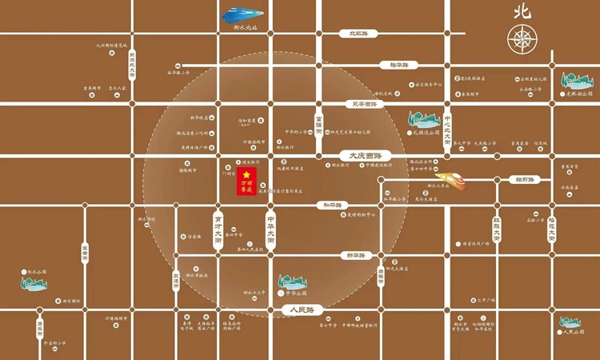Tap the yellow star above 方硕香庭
click(x=247, y=174)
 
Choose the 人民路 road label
click(x=304, y=309)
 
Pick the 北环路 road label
click(x=352, y=34)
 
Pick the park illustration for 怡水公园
click(x=34, y=280)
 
